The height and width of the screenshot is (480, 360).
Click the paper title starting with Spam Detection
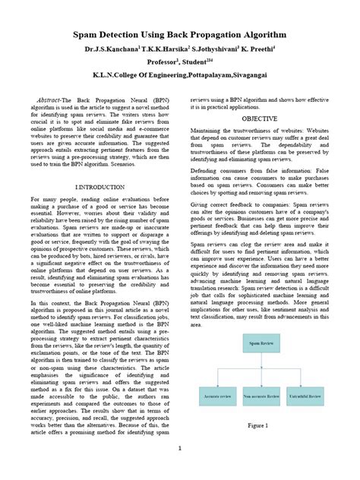click(x=179, y=35)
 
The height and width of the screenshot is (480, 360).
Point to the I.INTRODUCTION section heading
click(x=99, y=187)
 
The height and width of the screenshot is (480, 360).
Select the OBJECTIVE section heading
click(x=259, y=120)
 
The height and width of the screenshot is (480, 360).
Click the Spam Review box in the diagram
click(x=260, y=343)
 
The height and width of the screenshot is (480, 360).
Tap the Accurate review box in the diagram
click(x=218, y=396)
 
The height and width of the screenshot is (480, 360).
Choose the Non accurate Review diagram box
click(x=261, y=396)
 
